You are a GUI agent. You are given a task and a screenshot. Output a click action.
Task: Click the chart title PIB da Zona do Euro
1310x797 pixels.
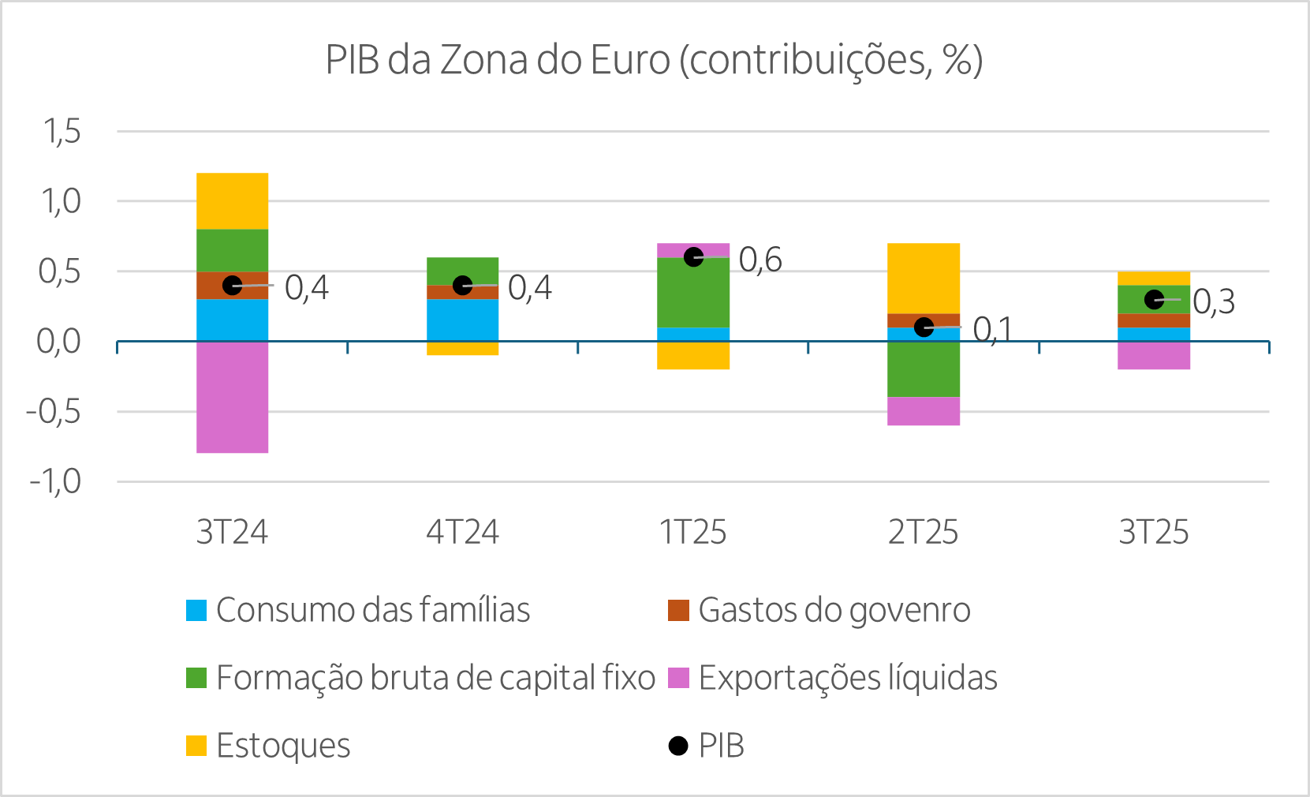pyautogui.click(x=654, y=60)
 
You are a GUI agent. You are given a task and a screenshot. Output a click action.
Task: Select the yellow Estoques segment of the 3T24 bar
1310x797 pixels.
pyautogui.click(x=233, y=200)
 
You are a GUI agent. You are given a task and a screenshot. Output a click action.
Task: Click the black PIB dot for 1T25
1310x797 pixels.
pyautogui.click(x=693, y=257)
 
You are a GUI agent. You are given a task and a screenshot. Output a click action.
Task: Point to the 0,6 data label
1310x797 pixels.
pyautogui.click(x=760, y=259)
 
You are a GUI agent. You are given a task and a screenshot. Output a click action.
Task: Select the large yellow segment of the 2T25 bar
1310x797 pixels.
pyautogui.click(x=924, y=278)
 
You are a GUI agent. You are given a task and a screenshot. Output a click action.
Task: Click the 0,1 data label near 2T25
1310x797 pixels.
pyautogui.click(x=991, y=329)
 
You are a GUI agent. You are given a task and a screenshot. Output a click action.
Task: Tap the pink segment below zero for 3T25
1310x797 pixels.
pyautogui.click(x=1154, y=356)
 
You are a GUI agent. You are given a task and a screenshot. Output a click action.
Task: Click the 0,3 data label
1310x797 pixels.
pyautogui.click(x=1214, y=301)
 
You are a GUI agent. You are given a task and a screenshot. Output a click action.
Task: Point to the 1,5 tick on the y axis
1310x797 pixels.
pyautogui.click(x=62, y=132)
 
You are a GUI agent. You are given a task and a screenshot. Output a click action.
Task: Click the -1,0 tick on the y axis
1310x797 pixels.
pyautogui.click(x=55, y=481)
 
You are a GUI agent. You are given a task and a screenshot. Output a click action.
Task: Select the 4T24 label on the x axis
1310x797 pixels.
pyautogui.click(x=463, y=533)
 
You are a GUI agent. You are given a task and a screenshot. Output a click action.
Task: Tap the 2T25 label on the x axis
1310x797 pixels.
pyautogui.click(x=924, y=533)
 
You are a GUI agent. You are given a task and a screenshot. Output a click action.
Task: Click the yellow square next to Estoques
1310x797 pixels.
pyautogui.click(x=196, y=746)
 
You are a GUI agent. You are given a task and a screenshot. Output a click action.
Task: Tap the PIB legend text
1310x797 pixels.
pyautogui.click(x=722, y=746)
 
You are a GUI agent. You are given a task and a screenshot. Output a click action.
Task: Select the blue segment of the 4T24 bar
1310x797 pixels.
pyautogui.click(x=463, y=320)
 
